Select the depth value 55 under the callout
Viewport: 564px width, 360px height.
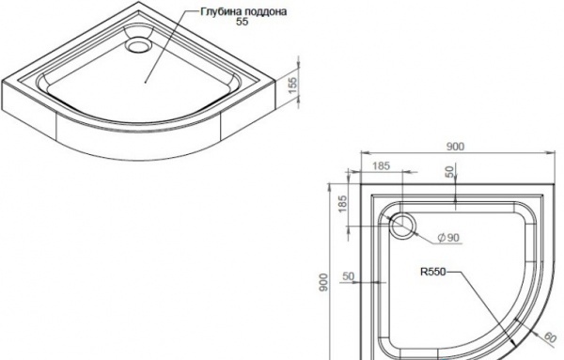pyautogui.click(x=243, y=22)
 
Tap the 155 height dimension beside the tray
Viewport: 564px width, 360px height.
pyautogui.click(x=293, y=86)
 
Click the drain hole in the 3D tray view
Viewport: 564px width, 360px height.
pyautogui.click(x=137, y=45)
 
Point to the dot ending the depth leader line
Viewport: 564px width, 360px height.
pyautogui.click(x=146, y=82)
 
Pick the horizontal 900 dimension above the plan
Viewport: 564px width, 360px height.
pyautogui.click(x=455, y=147)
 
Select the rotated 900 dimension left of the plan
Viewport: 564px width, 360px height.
pyautogui.click(x=324, y=282)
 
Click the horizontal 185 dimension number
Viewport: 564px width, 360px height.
pyautogui.click(x=382, y=165)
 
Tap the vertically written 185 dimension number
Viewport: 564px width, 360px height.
pyautogui.click(x=343, y=204)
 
